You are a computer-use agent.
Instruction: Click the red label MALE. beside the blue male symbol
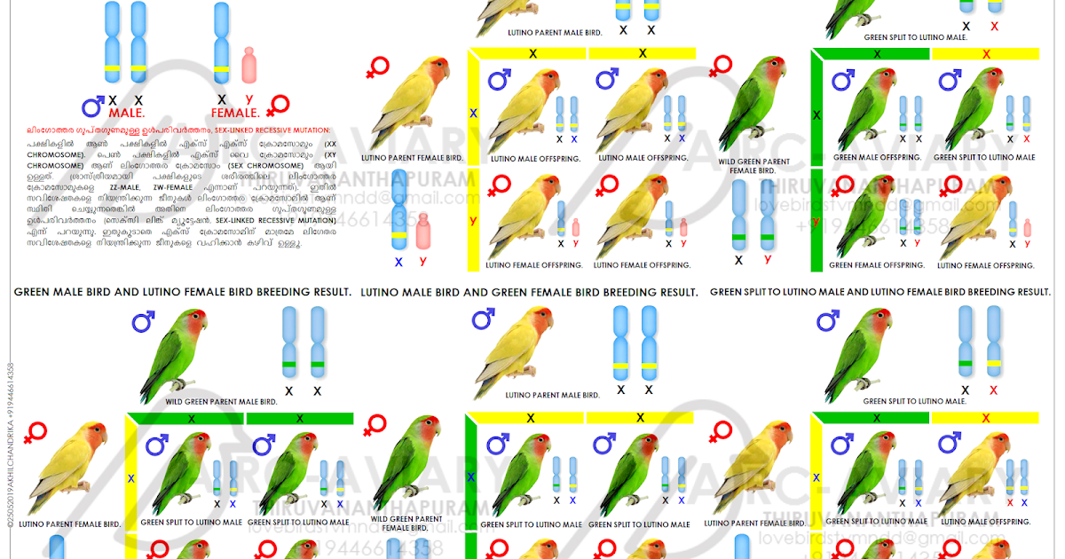click(x=127, y=114)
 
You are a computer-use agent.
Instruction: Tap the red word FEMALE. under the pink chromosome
click(x=235, y=114)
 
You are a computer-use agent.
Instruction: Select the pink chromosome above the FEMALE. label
click(x=248, y=66)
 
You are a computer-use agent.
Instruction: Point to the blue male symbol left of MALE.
click(x=92, y=107)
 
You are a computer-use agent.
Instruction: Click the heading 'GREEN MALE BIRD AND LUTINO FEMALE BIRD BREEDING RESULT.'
click(x=182, y=292)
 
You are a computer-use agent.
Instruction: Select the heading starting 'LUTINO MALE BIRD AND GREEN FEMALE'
click(x=529, y=292)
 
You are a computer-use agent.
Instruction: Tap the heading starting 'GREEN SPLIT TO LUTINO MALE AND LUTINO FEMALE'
click(x=880, y=292)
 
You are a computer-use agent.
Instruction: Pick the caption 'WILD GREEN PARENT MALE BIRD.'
click(x=221, y=401)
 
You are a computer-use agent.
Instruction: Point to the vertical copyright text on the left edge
click(x=10, y=444)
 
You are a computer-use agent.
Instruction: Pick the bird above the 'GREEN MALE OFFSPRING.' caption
click(x=864, y=106)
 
